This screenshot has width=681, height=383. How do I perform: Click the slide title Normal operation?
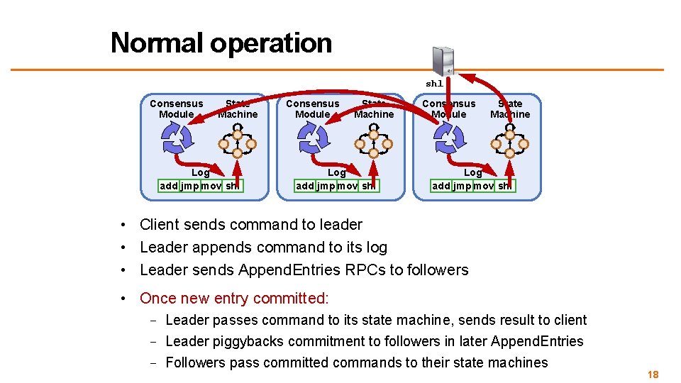[221, 43]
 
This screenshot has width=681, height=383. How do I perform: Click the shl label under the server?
[434, 84]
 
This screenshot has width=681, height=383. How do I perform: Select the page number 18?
[653, 374]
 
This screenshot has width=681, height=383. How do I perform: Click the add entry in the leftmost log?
[169, 186]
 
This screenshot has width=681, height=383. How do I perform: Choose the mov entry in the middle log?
[347, 186]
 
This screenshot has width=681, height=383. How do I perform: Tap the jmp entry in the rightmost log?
[462, 186]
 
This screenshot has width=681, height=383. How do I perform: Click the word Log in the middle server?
[336, 172]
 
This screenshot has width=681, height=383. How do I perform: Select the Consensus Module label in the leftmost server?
[177, 109]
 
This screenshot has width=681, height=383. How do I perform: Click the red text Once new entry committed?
[234, 299]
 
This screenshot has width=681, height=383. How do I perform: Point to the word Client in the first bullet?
[160, 225]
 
